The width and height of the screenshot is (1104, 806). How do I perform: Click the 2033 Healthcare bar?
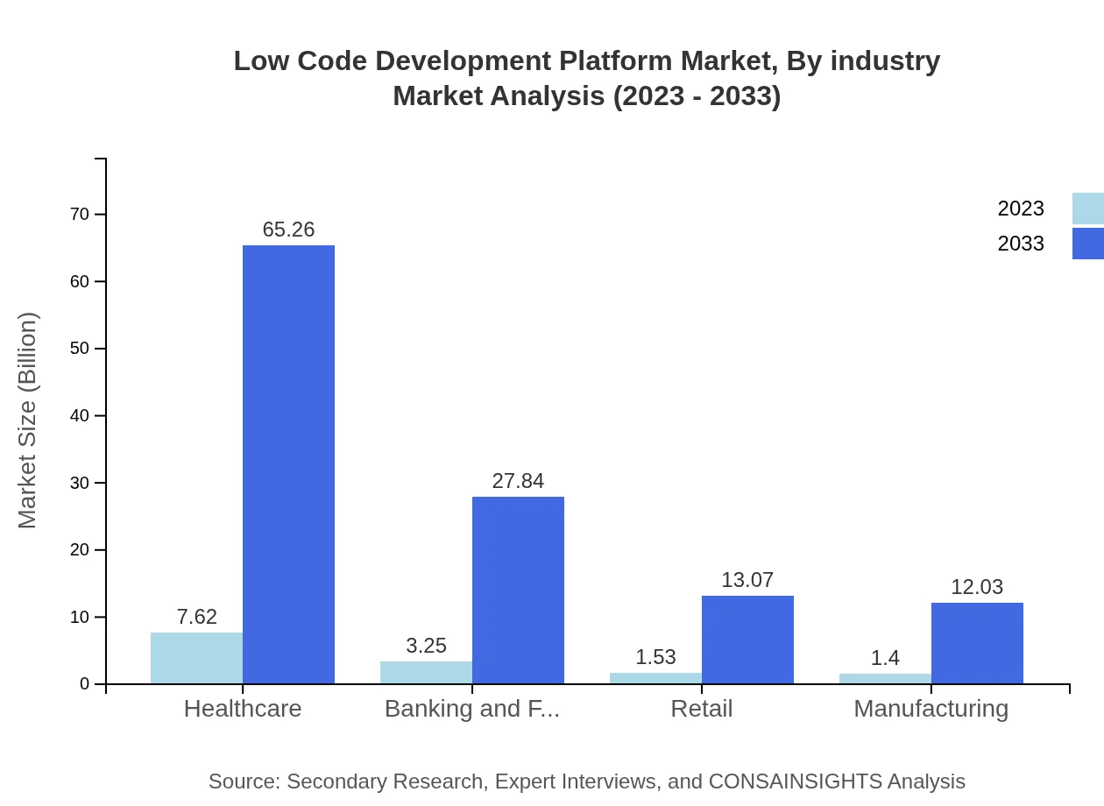click(288, 464)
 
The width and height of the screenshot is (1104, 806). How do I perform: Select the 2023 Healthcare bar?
click(196, 658)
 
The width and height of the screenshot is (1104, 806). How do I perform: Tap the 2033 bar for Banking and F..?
click(518, 590)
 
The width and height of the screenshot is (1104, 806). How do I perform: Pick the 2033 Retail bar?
click(747, 640)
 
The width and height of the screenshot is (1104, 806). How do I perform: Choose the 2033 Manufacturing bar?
click(977, 643)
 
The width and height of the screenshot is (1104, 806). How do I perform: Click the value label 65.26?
click(288, 230)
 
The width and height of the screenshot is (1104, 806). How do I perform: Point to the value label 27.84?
click(518, 481)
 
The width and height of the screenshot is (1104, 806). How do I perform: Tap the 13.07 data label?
click(747, 580)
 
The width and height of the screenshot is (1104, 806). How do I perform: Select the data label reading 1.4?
click(885, 658)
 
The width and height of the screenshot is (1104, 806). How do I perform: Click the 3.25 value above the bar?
click(426, 646)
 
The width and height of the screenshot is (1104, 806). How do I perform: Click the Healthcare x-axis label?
click(243, 709)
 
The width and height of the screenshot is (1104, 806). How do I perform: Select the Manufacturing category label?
click(931, 709)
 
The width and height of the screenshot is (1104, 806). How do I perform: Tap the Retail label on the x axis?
click(701, 709)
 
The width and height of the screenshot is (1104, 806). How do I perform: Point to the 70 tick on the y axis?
click(80, 215)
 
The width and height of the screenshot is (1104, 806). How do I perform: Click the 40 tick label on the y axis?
click(80, 416)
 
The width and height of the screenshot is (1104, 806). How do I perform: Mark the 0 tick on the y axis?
click(85, 684)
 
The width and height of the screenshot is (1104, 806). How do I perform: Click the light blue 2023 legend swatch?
click(1087, 209)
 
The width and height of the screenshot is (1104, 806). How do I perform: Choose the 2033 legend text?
click(1021, 244)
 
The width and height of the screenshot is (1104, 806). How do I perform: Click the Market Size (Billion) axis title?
click(28, 421)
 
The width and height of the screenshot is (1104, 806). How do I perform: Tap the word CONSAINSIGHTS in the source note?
click(795, 781)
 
